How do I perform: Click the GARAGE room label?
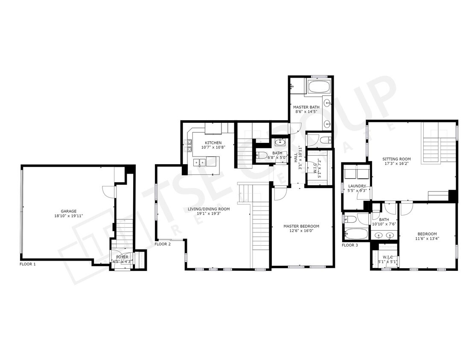point(68,211)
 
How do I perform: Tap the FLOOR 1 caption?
point(28,264)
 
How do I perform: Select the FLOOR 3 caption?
point(350,245)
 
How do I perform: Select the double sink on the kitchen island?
point(199,162)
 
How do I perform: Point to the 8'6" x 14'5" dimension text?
point(306,112)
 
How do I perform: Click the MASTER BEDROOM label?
point(301,226)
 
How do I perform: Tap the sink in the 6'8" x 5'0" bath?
point(280,142)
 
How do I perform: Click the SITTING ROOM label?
point(396,159)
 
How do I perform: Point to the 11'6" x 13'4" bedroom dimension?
point(427,238)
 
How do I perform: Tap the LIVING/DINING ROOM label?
point(209,209)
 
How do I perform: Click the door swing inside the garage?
point(110,191)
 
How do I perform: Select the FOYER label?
point(122,257)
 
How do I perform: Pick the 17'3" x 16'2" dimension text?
point(396,163)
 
